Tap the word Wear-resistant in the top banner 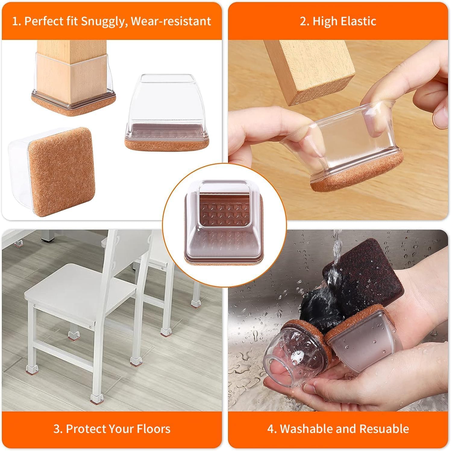(x=171, y=22)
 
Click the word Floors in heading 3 (x=154, y=428)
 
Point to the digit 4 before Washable (x=270, y=428)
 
